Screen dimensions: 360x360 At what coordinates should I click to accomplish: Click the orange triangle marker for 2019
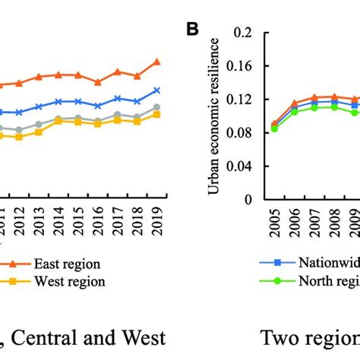157,62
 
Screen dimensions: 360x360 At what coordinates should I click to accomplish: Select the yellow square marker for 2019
157,114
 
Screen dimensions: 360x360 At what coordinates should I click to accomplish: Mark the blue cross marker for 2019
157,90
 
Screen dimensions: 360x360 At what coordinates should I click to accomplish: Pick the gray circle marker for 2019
157,108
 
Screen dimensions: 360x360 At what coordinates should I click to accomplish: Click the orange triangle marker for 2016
98,82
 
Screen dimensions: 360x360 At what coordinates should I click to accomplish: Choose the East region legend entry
64,264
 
